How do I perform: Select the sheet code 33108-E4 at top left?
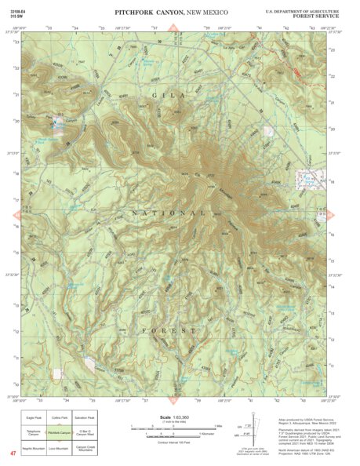pos(18,11)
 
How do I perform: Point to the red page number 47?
pos(13,453)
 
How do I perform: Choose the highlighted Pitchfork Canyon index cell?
pos(60,432)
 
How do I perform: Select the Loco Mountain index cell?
pos(60,449)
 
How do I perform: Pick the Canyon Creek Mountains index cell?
pos(85,449)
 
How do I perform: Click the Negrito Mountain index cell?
pos(34,449)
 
